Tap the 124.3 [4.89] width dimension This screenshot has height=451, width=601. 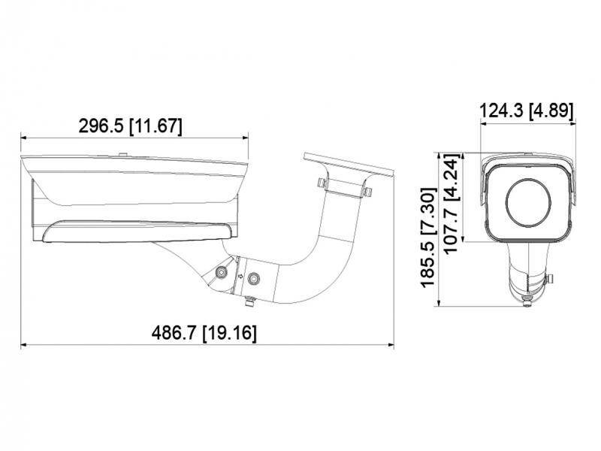527,111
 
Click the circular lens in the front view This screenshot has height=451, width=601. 527,200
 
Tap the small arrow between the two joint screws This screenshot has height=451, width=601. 240,276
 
